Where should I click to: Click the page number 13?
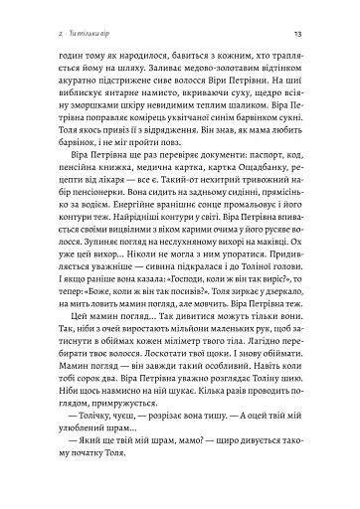click(310, 37)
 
